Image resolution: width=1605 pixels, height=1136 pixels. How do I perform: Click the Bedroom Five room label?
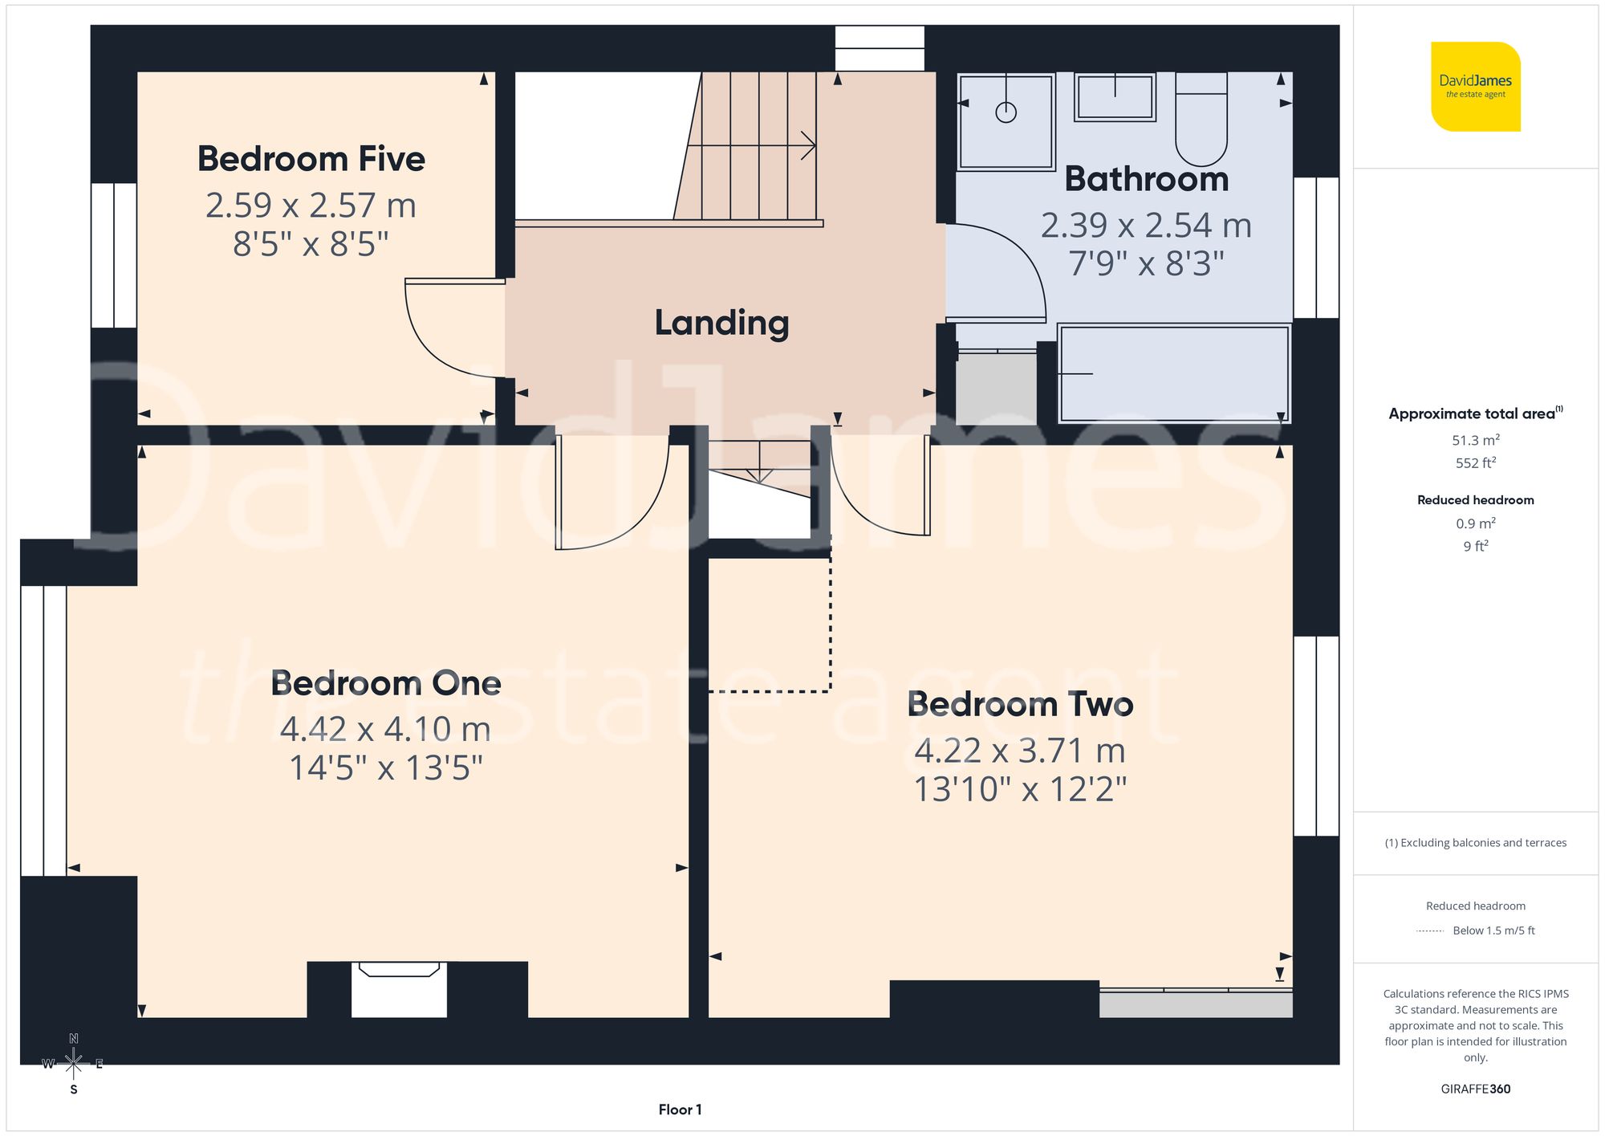pyautogui.click(x=311, y=159)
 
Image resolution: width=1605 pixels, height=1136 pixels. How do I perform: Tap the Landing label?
pyautogui.click(x=721, y=323)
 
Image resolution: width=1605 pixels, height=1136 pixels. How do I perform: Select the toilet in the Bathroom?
pyautogui.click(x=1201, y=120)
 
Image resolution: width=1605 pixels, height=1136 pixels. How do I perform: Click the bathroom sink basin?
pyautogui.click(x=1115, y=97)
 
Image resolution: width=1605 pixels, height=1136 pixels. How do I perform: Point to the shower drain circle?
pyautogui.click(x=1006, y=112)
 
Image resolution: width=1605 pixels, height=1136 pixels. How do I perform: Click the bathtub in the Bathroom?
pyautogui.click(x=1173, y=373)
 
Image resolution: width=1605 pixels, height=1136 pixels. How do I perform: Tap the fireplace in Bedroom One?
pyautogui.click(x=399, y=988)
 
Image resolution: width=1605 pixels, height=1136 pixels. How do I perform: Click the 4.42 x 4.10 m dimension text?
pyautogui.click(x=385, y=729)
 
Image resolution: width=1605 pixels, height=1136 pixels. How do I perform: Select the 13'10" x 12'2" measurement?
pyautogui.click(x=1020, y=789)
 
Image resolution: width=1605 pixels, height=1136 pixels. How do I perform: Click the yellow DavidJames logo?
pyautogui.click(x=1475, y=87)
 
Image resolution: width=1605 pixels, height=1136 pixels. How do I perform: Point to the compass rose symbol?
pyautogui.click(x=73, y=1064)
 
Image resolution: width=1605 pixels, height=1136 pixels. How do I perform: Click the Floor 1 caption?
pyautogui.click(x=680, y=1110)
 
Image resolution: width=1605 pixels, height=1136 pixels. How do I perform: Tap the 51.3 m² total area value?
pyautogui.click(x=1475, y=440)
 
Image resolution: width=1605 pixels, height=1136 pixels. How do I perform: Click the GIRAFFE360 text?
pyautogui.click(x=1475, y=1089)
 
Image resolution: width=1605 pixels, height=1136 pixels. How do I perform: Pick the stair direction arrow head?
pyautogui.click(x=811, y=146)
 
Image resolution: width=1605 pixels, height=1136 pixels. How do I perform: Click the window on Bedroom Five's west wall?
pyautogui.click(x=113, y=255)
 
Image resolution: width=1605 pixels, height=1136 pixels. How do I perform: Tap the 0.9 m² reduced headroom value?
pyautogui.click(x=1475, y=523)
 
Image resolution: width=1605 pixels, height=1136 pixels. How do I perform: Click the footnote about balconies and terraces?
pyautogui.click(x=1475, y=842)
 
